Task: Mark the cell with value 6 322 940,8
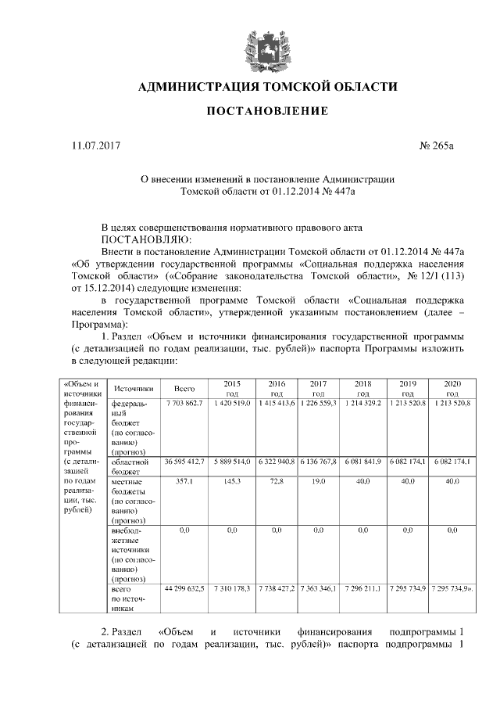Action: (276, 462)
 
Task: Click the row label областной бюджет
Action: (130, 466)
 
